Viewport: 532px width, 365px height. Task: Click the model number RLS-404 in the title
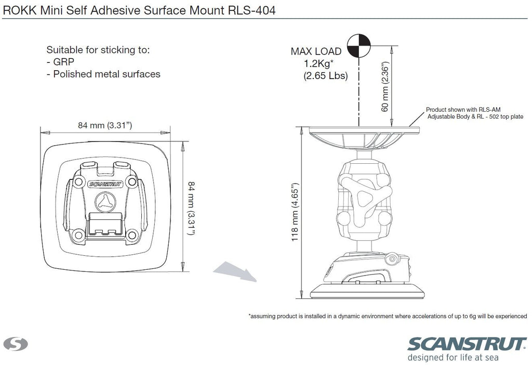251,10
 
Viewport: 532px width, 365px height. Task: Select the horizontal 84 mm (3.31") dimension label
105,125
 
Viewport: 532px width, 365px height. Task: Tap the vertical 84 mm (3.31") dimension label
191,208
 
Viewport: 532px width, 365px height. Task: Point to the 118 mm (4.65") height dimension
295,212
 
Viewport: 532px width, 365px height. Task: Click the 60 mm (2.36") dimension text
384,87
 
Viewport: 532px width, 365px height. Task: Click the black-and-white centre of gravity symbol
358,46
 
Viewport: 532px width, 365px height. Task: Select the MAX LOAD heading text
316,51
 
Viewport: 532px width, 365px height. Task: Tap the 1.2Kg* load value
318,63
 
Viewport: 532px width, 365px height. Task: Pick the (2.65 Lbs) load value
325,75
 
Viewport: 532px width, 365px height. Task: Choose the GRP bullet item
60,62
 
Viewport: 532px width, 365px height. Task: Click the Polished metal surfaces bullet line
103,74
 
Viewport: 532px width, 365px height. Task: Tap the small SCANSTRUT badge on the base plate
105,185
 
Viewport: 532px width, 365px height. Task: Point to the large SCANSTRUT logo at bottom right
467,344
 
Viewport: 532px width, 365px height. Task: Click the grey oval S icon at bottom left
16,344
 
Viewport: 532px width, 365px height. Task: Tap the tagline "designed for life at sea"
453,357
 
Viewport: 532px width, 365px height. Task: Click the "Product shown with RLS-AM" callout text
463,110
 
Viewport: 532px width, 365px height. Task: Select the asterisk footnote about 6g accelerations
388,316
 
